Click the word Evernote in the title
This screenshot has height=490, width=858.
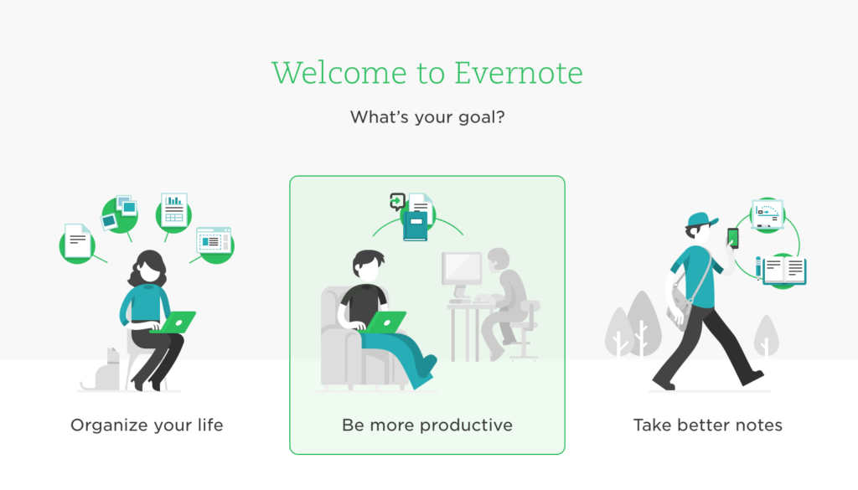[x=518, y=73]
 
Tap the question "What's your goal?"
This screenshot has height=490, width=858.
[x=427, y=117]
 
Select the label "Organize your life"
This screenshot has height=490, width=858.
[x=147, y=425]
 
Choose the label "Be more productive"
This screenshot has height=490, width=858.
[x=426, y=425]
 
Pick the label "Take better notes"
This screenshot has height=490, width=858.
[x=707, y=425]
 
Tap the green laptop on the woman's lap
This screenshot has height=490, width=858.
[x=175, y=322]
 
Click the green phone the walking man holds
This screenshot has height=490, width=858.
[x=732, y=239]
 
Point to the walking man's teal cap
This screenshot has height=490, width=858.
[x=701, y=219]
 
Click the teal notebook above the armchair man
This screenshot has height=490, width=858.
[x=416, y=226]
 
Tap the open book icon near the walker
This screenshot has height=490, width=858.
[x=783, y=271]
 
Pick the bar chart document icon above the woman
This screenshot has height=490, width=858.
[x=174, y=210]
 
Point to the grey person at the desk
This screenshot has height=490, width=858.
[x=503, y=302]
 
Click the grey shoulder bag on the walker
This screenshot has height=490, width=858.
[x=679, y=309]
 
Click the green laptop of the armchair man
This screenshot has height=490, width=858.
[x=386, y=322]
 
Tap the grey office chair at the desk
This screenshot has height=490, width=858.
[x=524, y=329]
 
